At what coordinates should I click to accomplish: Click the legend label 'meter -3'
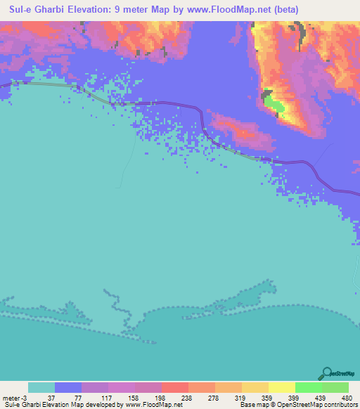(x=14, y=397)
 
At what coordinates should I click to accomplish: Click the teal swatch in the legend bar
(x=41, y=387)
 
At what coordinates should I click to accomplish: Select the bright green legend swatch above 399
(x=308, y=387)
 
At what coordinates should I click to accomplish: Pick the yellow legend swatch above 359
(x=255, y=387)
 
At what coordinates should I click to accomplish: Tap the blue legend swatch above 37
(x=68, y=387)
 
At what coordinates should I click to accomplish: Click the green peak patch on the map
(x=274, y=105)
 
